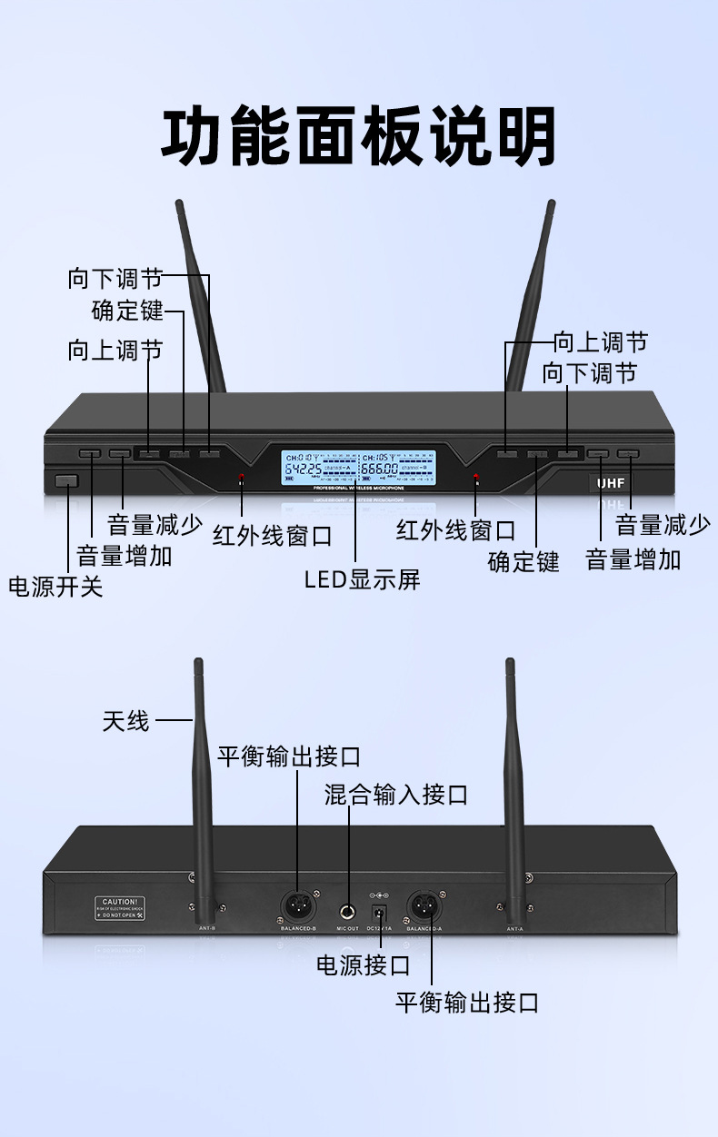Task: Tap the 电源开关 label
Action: [55, 587]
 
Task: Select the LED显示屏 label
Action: [362, 579]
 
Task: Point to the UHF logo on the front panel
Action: [611, 483]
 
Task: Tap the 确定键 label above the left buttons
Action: [127, 311]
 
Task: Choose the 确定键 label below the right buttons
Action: [524, 561]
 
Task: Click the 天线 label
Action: [125, 722]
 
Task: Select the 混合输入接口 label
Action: [396, 796]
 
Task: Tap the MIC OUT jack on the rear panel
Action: [348, 911]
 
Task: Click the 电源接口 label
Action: [363, 965]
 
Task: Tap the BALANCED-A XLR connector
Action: [424, 905]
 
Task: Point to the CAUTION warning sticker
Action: [120, 908]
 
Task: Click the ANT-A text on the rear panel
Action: [515, 929]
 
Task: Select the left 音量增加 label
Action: [125, 556]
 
